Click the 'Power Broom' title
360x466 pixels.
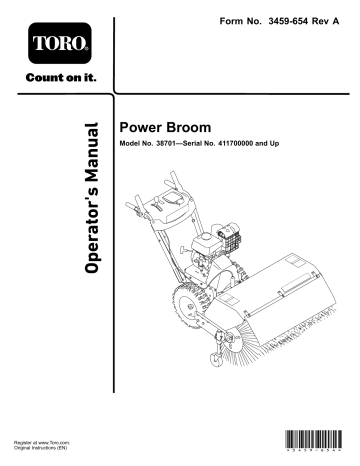(x=158, y=129)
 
